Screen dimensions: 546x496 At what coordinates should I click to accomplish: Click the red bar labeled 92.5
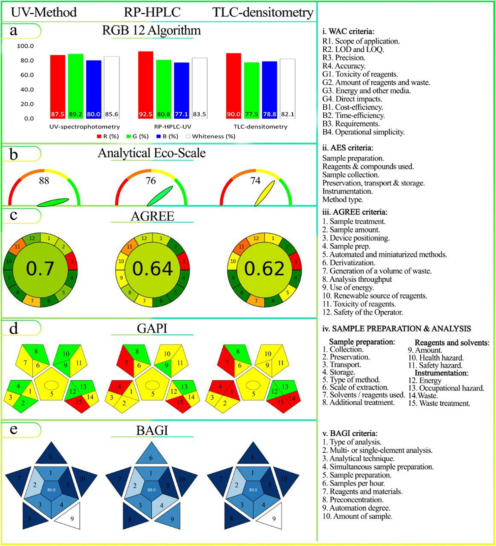click(146, 84)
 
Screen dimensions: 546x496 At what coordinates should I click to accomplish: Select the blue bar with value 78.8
click(269, 89)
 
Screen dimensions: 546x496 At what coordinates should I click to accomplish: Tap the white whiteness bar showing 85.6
click(112, 87)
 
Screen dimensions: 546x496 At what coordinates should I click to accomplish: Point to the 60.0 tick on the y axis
click(27, 75)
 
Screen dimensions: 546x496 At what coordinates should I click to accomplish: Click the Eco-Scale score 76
click(151, 181)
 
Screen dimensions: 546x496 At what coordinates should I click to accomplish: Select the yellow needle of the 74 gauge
click(265, 193)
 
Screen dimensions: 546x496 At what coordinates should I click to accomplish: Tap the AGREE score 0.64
click(153, 269)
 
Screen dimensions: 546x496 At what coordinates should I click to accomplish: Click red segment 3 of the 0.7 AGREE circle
click(72, 261)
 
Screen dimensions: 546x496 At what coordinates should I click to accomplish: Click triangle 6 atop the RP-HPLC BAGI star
click(151, 456)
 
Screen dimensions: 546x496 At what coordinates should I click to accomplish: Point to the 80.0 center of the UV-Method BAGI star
click(51, 490)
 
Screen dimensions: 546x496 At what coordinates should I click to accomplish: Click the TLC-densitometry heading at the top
click(263, 12)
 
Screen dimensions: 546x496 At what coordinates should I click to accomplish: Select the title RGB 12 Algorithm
click(151, 30)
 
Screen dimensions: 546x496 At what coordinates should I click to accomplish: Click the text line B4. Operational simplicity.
click(363, 132)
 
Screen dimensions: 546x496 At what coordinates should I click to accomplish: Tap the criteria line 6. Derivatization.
click(348, 263)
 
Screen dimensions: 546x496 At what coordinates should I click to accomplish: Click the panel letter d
click(14, 328)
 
